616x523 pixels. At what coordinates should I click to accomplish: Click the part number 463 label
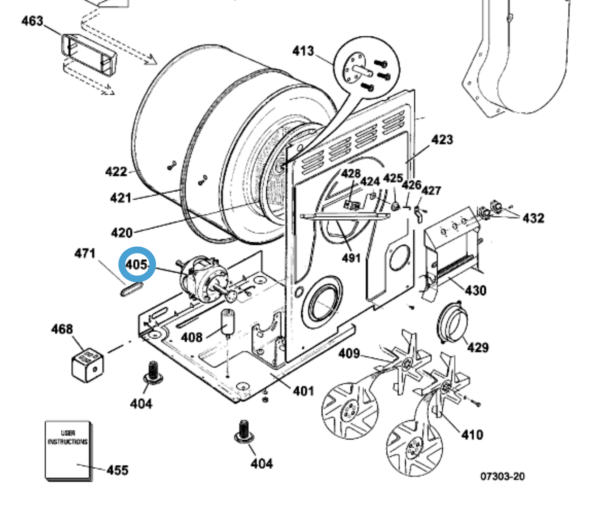[x=32, y=21]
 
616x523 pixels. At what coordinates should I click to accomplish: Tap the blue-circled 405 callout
[x=137, y=265]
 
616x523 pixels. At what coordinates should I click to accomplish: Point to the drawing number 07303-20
[x=502, y=476]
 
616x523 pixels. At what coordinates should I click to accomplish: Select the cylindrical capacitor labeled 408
[x=228, y=322]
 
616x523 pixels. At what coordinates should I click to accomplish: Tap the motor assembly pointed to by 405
[x=204, y=279]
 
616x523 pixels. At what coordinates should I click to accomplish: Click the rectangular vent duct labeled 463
[x=88, y=54]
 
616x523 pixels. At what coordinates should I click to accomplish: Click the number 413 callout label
[x=303, y=51]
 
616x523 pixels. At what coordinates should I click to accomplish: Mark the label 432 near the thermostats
[x=533, y=218]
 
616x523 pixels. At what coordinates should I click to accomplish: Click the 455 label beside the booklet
[x=117, y=470]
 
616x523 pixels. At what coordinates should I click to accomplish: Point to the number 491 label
[x=351, y=258]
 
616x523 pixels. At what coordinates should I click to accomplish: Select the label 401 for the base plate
[x=304, y=391]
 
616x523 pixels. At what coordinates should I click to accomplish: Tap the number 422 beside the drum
[x=116, y=171]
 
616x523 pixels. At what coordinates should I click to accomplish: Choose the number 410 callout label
[x=472, y=435]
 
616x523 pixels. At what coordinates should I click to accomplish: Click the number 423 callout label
[x=442, y=140]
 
